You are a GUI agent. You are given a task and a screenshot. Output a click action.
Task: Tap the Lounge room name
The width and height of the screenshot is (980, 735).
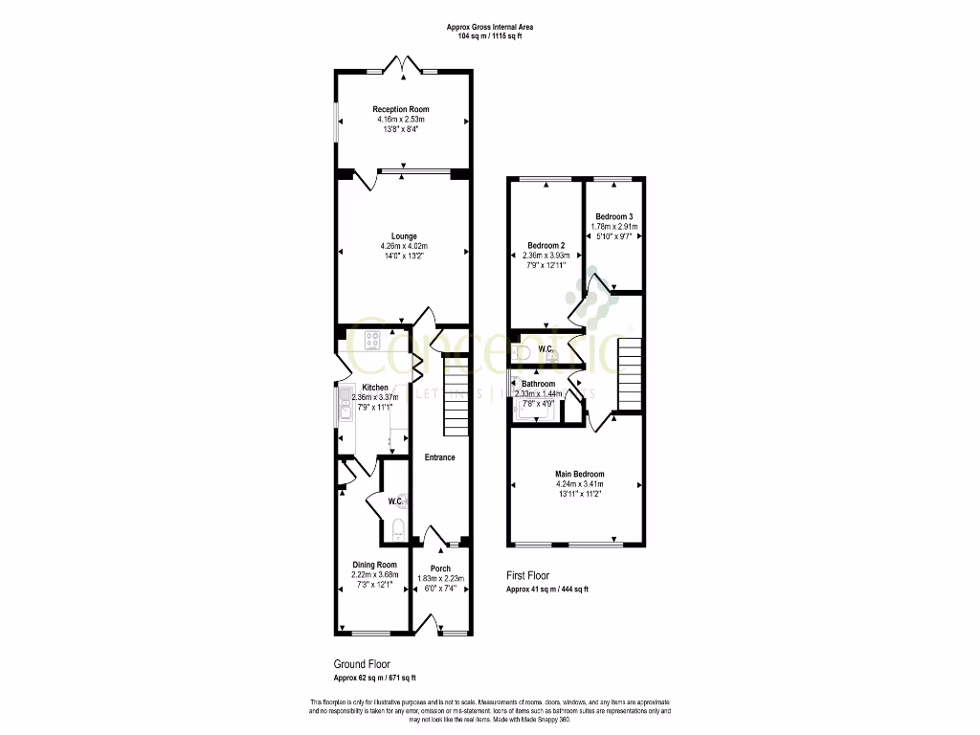click(403, 235)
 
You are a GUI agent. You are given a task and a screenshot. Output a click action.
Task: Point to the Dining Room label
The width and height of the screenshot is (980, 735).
click(373, 565)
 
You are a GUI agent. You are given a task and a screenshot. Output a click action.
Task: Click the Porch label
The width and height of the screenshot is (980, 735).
click(440, 568)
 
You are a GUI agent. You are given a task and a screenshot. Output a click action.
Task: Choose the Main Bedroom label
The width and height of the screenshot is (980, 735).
click(580, 474)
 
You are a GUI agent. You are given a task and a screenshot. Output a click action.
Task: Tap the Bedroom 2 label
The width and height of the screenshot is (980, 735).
click(546, 246)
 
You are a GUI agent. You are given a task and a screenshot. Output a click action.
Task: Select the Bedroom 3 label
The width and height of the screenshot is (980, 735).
click(612, 216)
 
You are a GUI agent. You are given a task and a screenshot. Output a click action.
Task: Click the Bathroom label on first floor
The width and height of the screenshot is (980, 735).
click(539, 384)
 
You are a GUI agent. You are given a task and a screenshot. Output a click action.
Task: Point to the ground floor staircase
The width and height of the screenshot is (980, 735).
click(456, 394)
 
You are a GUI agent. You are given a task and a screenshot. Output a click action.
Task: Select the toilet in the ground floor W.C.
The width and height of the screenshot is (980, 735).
click(399, 526)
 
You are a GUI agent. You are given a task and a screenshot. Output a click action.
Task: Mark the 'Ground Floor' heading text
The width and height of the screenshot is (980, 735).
click(361, 663)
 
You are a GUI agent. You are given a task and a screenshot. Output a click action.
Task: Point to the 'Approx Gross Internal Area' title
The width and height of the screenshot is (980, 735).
click(489, 27)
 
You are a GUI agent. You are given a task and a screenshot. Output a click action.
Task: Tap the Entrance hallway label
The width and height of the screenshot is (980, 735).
click(440, 457)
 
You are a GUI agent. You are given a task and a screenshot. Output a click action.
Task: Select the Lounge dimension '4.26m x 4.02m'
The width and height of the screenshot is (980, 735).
click(403, 246)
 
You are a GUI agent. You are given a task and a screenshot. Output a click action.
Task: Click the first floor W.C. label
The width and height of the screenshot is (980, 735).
click(547, 348)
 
